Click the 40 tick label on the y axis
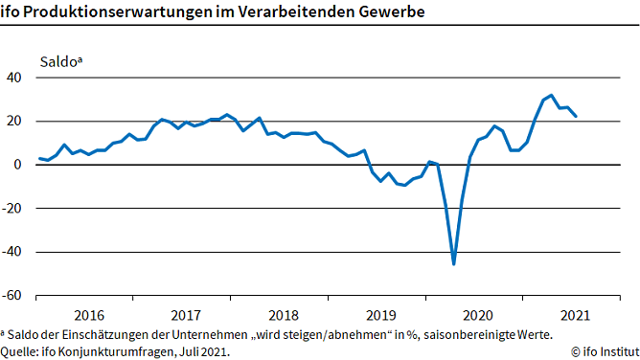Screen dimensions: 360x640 pyautogui.click(x=14, y=78)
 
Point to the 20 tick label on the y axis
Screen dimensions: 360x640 pyautogui.click(x=14, y=121)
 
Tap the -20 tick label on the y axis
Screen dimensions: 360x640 pyautogui.click(x=12, y=208)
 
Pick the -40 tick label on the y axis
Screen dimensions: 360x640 pyautogui.click(x=12, y=252)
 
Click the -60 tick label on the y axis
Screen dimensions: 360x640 pyautogui.click(x=12, y=295)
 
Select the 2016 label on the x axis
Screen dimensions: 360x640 pyautogui.click(x=88, y=314)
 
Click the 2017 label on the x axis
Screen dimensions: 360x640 pyautogui.click(x=185, y=314)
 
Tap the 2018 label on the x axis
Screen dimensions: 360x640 pyautogui.click(x=283, y=314)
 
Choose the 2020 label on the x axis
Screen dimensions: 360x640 pyautogui.click(x=477, y=314)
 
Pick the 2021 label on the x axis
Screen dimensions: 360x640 pyautogui.click(x=574, y=314)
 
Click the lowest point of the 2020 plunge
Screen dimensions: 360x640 pyautogui.click(x=453, y=263)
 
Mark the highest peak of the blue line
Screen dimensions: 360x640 pyautogui.click(x=551, y=95)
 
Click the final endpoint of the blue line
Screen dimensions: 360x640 pyautogui.click(x=575, y=116)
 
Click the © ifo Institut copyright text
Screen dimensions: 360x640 pyautogui.click(x=603, y=351)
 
